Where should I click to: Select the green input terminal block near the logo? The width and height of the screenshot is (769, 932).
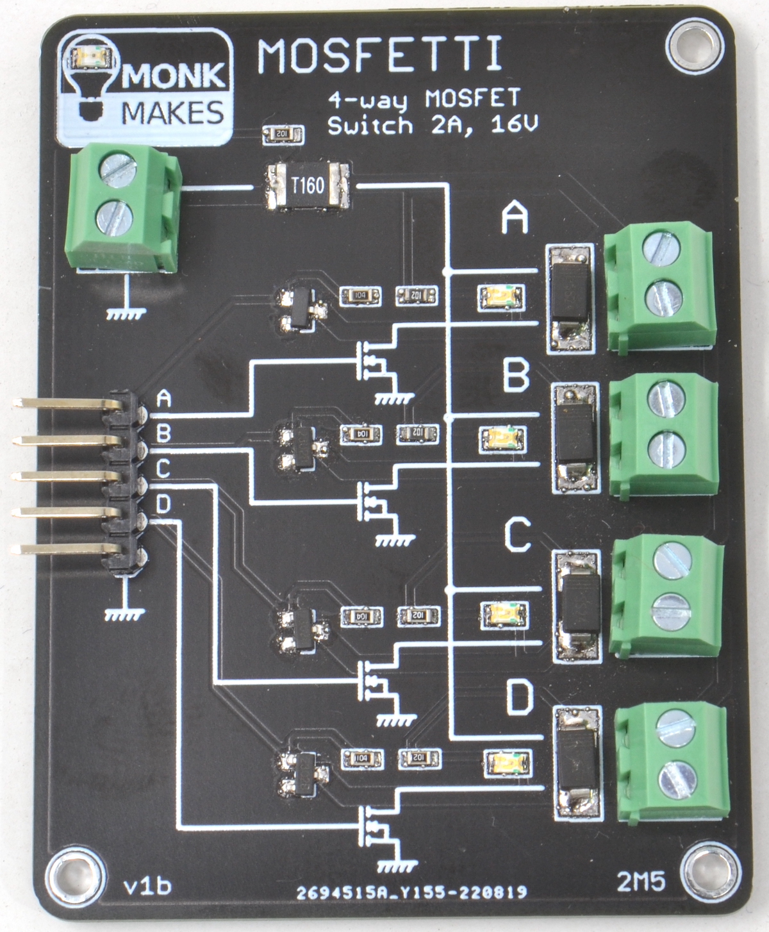tap(122, 208)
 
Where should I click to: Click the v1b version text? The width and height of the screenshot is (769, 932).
tap(147, 886)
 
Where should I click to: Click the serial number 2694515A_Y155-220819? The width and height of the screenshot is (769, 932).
tap(411, 892)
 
